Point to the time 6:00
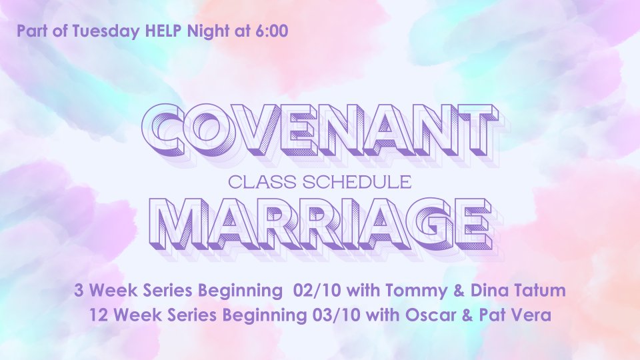point(272,31)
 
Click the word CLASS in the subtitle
point(261,183)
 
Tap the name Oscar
point(422,315)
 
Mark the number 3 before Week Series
point(79,291)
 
